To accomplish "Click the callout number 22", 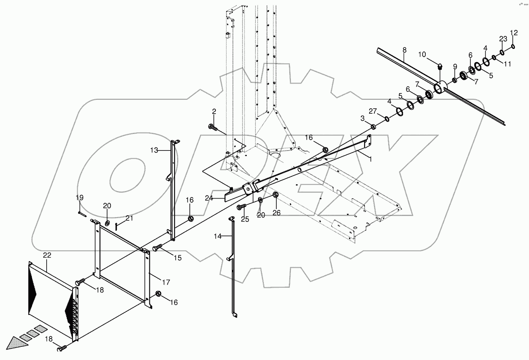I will click(x=47, y=256).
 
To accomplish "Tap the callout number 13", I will click(x=154, y=150).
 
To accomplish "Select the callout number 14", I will click(x=217, y=236).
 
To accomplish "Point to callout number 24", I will click(x=210, y=198).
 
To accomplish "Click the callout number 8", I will click(x=404, y=50).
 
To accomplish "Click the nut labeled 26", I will click(x=276, y=194).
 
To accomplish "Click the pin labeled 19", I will click(x=82, y=213).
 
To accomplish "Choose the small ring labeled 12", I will click(x=513, y=47).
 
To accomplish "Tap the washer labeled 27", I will click(x=387, y=119).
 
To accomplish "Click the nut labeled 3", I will click(x=373, y=127).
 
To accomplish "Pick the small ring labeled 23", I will click(x=502, y=52).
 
